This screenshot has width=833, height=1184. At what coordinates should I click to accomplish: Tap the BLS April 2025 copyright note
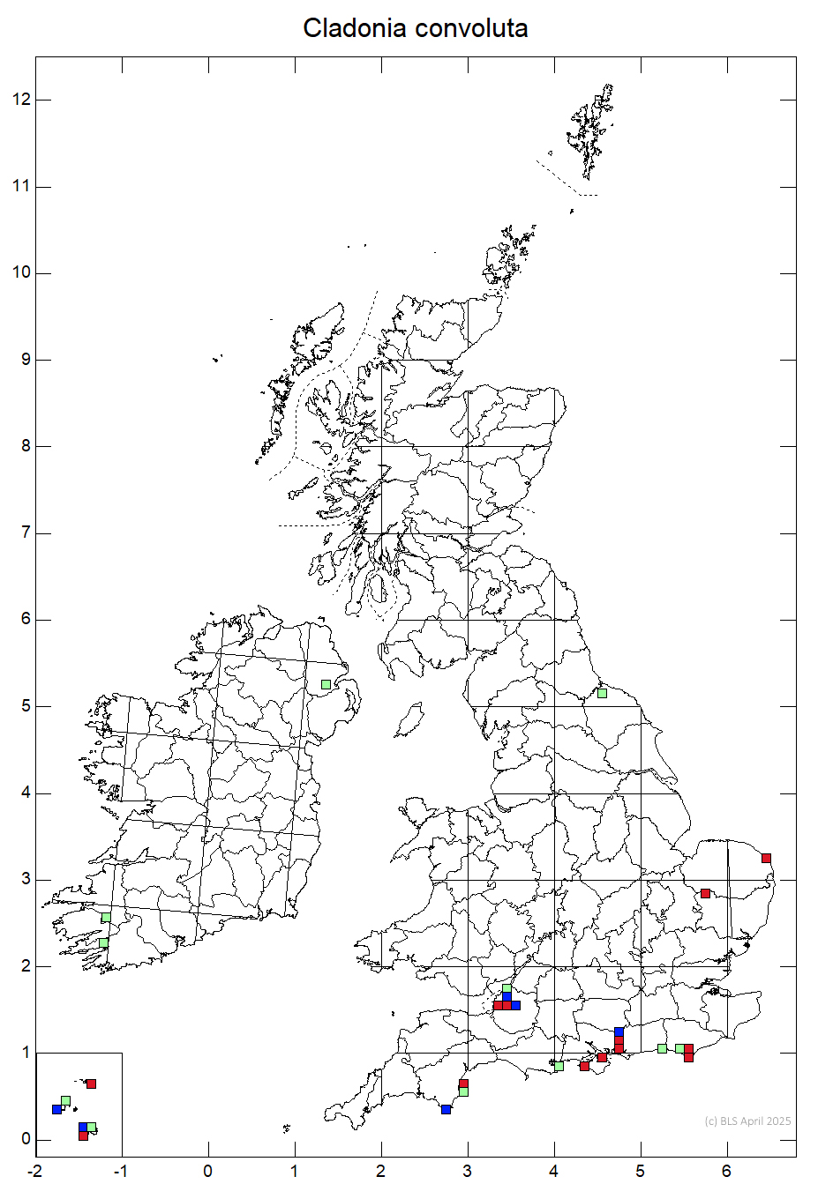click(x=747, y=1121)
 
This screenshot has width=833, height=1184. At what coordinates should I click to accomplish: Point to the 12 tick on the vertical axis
click(x=21, y=100)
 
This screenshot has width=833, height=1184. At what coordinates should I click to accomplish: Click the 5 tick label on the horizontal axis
click(x=641, y=1171)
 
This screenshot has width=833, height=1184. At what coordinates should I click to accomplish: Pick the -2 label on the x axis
click(x=34, y=1171)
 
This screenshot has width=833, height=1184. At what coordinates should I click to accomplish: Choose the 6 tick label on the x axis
click(x=727, y=1171)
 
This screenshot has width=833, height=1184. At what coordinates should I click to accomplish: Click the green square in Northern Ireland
click(x=326, y=684)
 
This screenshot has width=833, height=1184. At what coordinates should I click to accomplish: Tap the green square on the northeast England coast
click(x=602, y=693)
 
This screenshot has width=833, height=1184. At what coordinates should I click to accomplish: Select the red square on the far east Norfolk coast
click(x=766, y=858)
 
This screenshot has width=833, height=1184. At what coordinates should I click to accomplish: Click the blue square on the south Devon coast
click(x=447, y=1109)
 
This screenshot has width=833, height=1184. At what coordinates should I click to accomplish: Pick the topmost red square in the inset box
click(x=91, y=1083)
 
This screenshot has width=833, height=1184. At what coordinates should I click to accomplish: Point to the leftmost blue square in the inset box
click(x=57, y=1109)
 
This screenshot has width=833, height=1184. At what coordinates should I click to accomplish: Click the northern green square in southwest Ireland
click(x=106, y=918)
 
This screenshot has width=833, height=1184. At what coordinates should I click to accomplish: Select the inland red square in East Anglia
click(x=705, y=893)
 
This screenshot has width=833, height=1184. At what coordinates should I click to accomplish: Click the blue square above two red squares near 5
click(x=619, y=1031)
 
